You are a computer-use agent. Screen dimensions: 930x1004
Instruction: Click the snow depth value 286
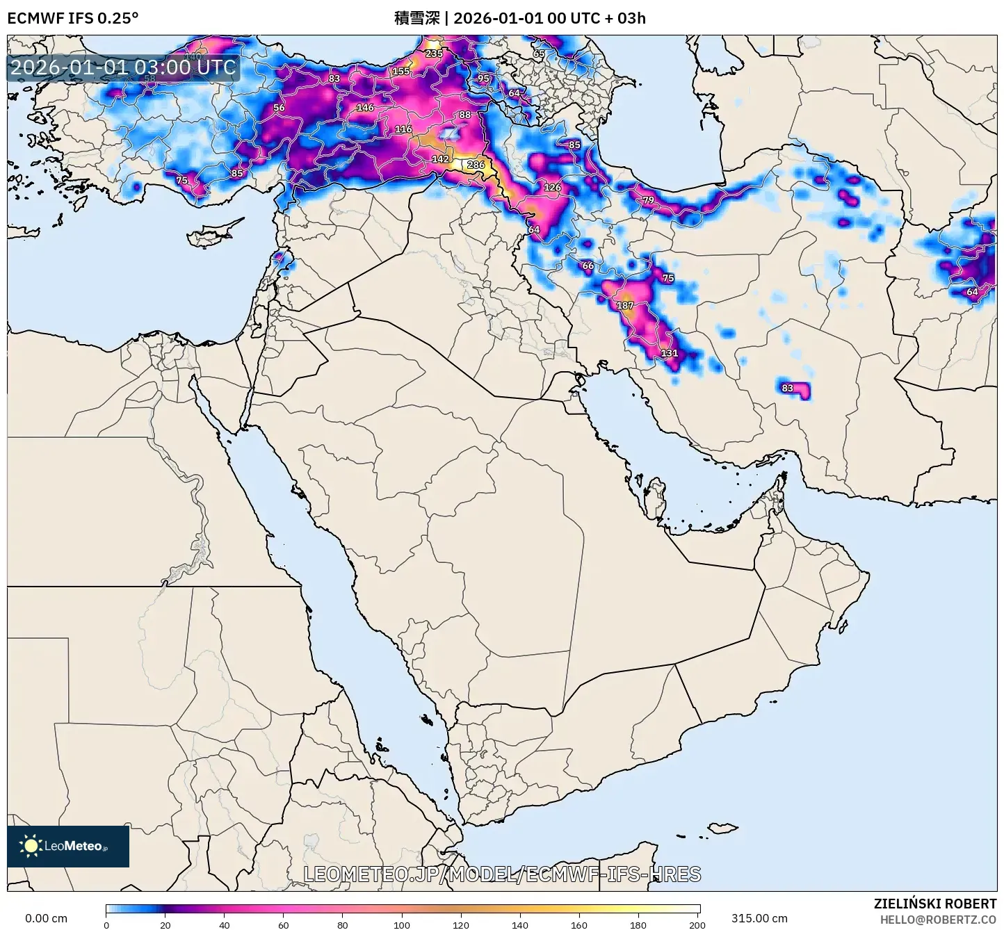(x=476, y=165)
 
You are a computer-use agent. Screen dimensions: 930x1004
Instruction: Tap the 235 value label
(x=434, y=54)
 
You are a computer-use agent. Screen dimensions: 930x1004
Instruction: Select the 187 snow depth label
(x=625, y=305)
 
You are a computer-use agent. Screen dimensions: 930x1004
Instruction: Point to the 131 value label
(x=669, y=353)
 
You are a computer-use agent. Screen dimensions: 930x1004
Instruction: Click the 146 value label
(x=365, y=108)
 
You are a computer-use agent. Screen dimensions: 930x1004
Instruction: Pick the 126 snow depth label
(x=552, y=187)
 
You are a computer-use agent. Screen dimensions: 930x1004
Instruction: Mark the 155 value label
(x=401, y=72)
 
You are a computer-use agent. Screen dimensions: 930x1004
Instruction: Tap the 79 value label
(x=648, y=200)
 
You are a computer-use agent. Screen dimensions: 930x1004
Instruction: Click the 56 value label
(x=279, y=108)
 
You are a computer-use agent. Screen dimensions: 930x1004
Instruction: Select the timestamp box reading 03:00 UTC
(x=123, y=67)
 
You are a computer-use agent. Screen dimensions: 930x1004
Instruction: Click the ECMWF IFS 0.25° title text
(x=73, y=18)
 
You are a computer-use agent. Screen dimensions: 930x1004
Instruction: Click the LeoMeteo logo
(x=68, y=846)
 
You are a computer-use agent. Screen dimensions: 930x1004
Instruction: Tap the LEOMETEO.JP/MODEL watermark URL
(x=502, y=874)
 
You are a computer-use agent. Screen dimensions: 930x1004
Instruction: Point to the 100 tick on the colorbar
(x=402, y=925)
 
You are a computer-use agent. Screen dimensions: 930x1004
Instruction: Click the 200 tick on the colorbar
(x=697, y=925)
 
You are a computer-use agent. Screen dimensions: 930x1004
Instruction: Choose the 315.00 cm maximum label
(x=759, y=918)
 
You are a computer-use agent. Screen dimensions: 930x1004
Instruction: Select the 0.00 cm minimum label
(x=46, y=918)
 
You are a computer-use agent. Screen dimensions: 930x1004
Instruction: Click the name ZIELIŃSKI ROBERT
(x=934, y=904)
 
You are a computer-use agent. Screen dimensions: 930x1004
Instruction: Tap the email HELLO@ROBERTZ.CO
(x=938, y=920)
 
